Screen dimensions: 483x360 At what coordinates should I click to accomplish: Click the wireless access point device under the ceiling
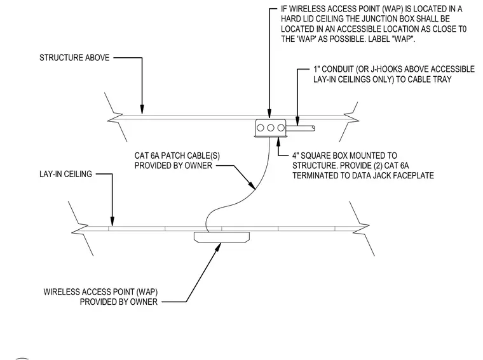point(221,237)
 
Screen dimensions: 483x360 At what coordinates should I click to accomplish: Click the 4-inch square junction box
point(271,128)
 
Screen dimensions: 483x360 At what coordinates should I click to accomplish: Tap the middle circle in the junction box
point(271,128)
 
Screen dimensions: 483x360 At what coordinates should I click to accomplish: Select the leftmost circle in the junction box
point(261,128)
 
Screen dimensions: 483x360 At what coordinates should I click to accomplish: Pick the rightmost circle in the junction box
point(281,128)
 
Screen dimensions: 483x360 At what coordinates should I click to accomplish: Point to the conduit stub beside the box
point(301,128)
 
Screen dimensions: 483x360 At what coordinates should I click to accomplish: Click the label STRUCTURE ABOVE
point(74,58)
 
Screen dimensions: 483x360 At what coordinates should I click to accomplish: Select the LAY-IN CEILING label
point(65,174)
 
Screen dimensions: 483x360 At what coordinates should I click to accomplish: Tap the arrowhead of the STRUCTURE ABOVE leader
point(142,109)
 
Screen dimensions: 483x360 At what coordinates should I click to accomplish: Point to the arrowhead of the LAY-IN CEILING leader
point(112,222)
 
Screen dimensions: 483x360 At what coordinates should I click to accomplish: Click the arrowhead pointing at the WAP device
point(219,247)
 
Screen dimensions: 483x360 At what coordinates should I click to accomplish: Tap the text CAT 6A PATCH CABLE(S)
point(177,156)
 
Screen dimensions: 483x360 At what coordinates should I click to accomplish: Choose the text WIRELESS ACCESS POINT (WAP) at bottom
point(100,291)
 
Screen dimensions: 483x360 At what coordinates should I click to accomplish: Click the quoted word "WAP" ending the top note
point(404,39)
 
